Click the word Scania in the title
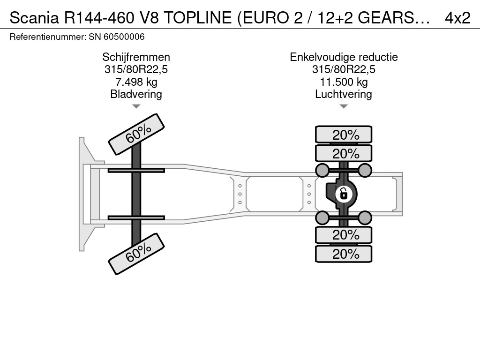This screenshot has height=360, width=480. click(x=34, y=18)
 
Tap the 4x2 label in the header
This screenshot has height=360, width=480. click(x=457, y=18)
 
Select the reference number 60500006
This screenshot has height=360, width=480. click(x=124, y=37)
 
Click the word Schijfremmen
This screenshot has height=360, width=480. click(x=136, y=57)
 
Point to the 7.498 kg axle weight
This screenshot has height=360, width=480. click(x=136, y=82)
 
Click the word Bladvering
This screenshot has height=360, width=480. click(x=136, y=94)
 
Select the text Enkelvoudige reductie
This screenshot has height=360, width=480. click(x=344, y=57)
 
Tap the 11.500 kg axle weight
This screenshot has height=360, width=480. click(x=344, y=82)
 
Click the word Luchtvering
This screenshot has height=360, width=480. click(x=344, y=94)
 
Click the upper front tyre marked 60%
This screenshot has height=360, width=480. click(x=136, y=135)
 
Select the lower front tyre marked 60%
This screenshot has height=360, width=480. click(x=136, y=254)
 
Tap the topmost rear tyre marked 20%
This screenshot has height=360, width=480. click(x=344, y=135)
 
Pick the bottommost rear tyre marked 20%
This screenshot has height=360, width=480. click(x=344, y=254)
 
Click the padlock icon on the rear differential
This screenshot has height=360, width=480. click(x=344, y=194)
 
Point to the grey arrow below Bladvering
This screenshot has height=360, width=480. click(x=136, y=106)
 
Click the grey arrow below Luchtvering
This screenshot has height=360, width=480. click(x=344, y=106)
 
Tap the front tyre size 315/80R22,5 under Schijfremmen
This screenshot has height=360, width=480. click(x=136, y=69)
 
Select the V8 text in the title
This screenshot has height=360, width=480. click(x=150, y=18)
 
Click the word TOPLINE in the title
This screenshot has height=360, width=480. click(x=197, y=18)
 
